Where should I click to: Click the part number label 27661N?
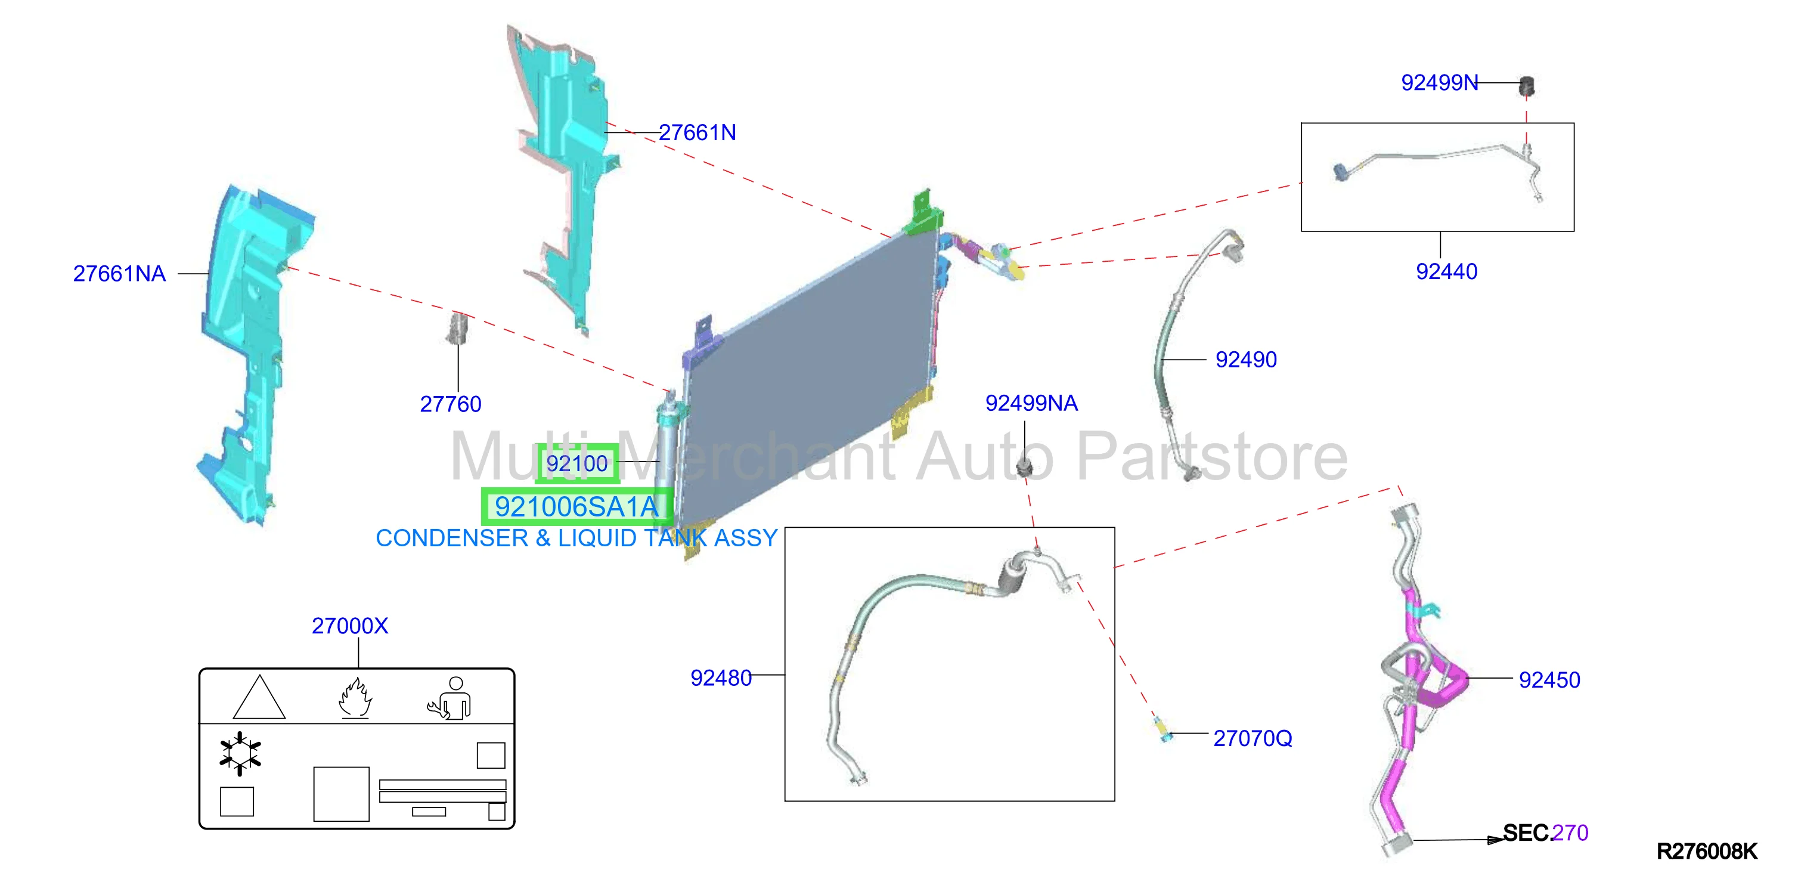coord(697,132)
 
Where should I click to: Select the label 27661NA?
coord(119,274)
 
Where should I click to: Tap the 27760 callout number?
coord(450,404)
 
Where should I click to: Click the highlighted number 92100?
coord(577,463)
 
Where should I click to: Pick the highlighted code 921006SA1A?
coord(576,507)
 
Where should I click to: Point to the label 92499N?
coord(1439,83)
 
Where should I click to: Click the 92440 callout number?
coord(1446,271)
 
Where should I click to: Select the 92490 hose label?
coord(1246,360)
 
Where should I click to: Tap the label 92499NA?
coord(1031,403)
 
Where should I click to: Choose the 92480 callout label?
coord(721,677)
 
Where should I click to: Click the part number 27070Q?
coord(1252,738)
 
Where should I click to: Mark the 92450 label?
coord(1549,680)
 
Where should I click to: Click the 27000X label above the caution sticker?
coord(350,626)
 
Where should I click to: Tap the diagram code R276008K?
coord(1707,852)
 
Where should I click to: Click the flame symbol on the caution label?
coord(355,698)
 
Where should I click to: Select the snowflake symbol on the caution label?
coord(240,754)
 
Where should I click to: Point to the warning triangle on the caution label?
coord(259,697)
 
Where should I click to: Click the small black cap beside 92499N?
coord(1527,86)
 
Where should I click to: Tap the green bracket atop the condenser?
coord(923,212)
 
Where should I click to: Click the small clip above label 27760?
coord(458,329)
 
